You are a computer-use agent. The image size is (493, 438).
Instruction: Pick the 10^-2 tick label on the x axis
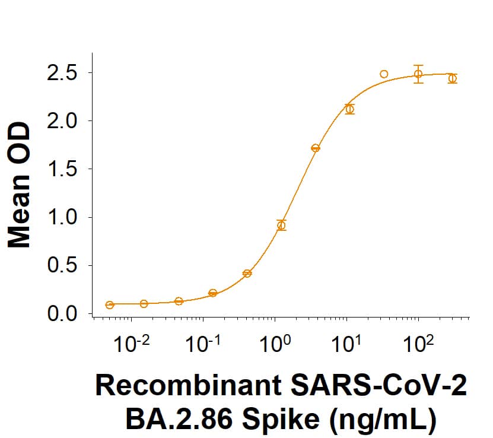click(x=132, y=344)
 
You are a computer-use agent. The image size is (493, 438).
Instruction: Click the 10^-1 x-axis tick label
click(x=203, y=344)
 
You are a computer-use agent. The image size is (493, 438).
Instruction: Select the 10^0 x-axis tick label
click(x=275, y=344)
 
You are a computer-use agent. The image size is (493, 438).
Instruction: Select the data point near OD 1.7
click(x=316, y=148)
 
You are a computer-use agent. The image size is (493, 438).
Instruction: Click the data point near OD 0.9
click(x=281, y=225)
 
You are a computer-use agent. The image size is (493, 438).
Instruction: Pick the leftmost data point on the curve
click(x=110, y=305)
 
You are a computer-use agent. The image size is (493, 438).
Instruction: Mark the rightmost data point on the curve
click(x=453, y=78)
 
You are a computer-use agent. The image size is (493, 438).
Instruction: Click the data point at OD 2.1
click(x=350, y=109)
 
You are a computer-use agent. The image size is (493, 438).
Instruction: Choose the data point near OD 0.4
click(x=247, y=274)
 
